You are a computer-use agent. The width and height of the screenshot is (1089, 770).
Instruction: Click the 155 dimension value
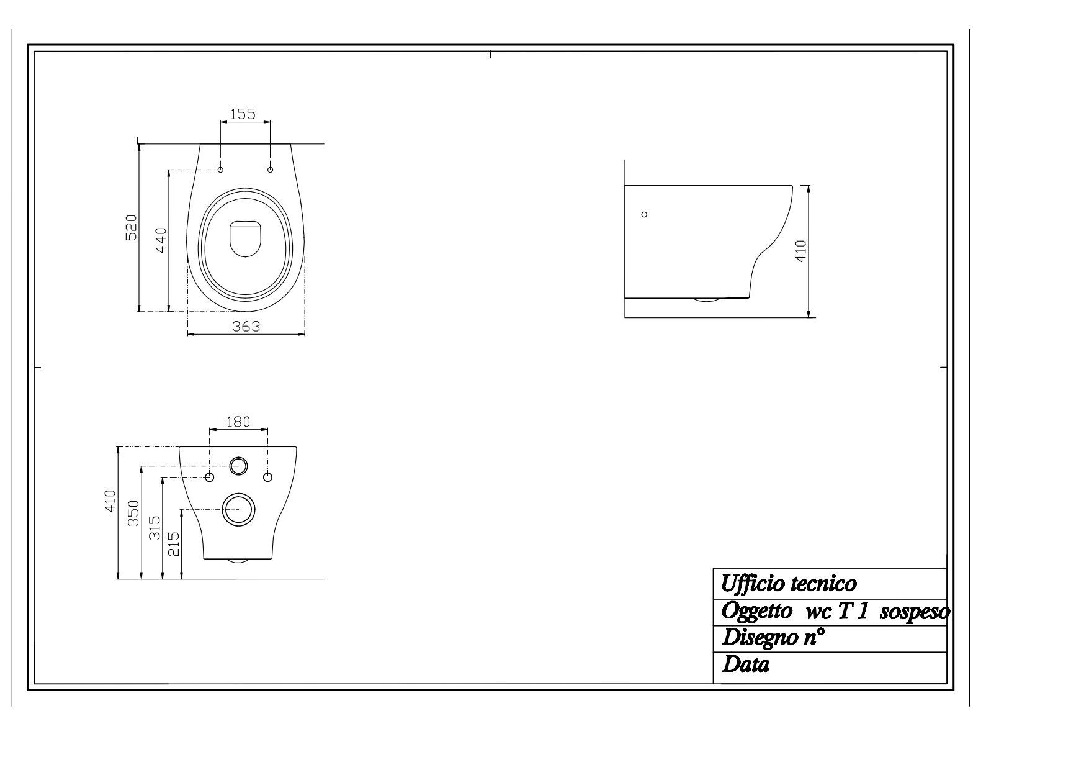coord(243,114)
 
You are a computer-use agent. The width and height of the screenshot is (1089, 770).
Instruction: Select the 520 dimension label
coord(131,228)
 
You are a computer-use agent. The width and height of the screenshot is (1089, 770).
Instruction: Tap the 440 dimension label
coord(161,240)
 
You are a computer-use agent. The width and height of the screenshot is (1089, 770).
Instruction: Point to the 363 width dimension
coord(246,326)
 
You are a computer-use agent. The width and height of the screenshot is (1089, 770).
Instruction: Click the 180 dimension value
coord(238,422)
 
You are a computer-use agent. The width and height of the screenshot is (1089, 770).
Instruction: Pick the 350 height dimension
coord(133,513)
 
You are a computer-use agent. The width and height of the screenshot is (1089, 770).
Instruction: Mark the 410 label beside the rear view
coord(110,500)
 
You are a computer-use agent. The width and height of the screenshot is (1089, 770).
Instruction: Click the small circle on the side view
coord(644,214)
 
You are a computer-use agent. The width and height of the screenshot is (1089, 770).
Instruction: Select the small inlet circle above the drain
coord(238,465)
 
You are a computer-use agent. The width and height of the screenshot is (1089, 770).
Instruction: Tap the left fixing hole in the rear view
coord(209,477)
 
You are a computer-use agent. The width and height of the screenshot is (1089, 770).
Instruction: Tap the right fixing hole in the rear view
coord(267,477)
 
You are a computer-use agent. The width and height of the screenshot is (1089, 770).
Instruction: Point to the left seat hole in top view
coord(220,170)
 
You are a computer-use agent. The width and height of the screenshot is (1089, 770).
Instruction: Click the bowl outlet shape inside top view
coord(246,238)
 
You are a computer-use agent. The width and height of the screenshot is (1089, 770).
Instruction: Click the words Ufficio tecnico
coord(789,584)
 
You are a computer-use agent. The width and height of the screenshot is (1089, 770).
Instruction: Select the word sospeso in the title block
coord(915,612)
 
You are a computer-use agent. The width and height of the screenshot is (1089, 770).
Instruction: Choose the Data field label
coord(746,665)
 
